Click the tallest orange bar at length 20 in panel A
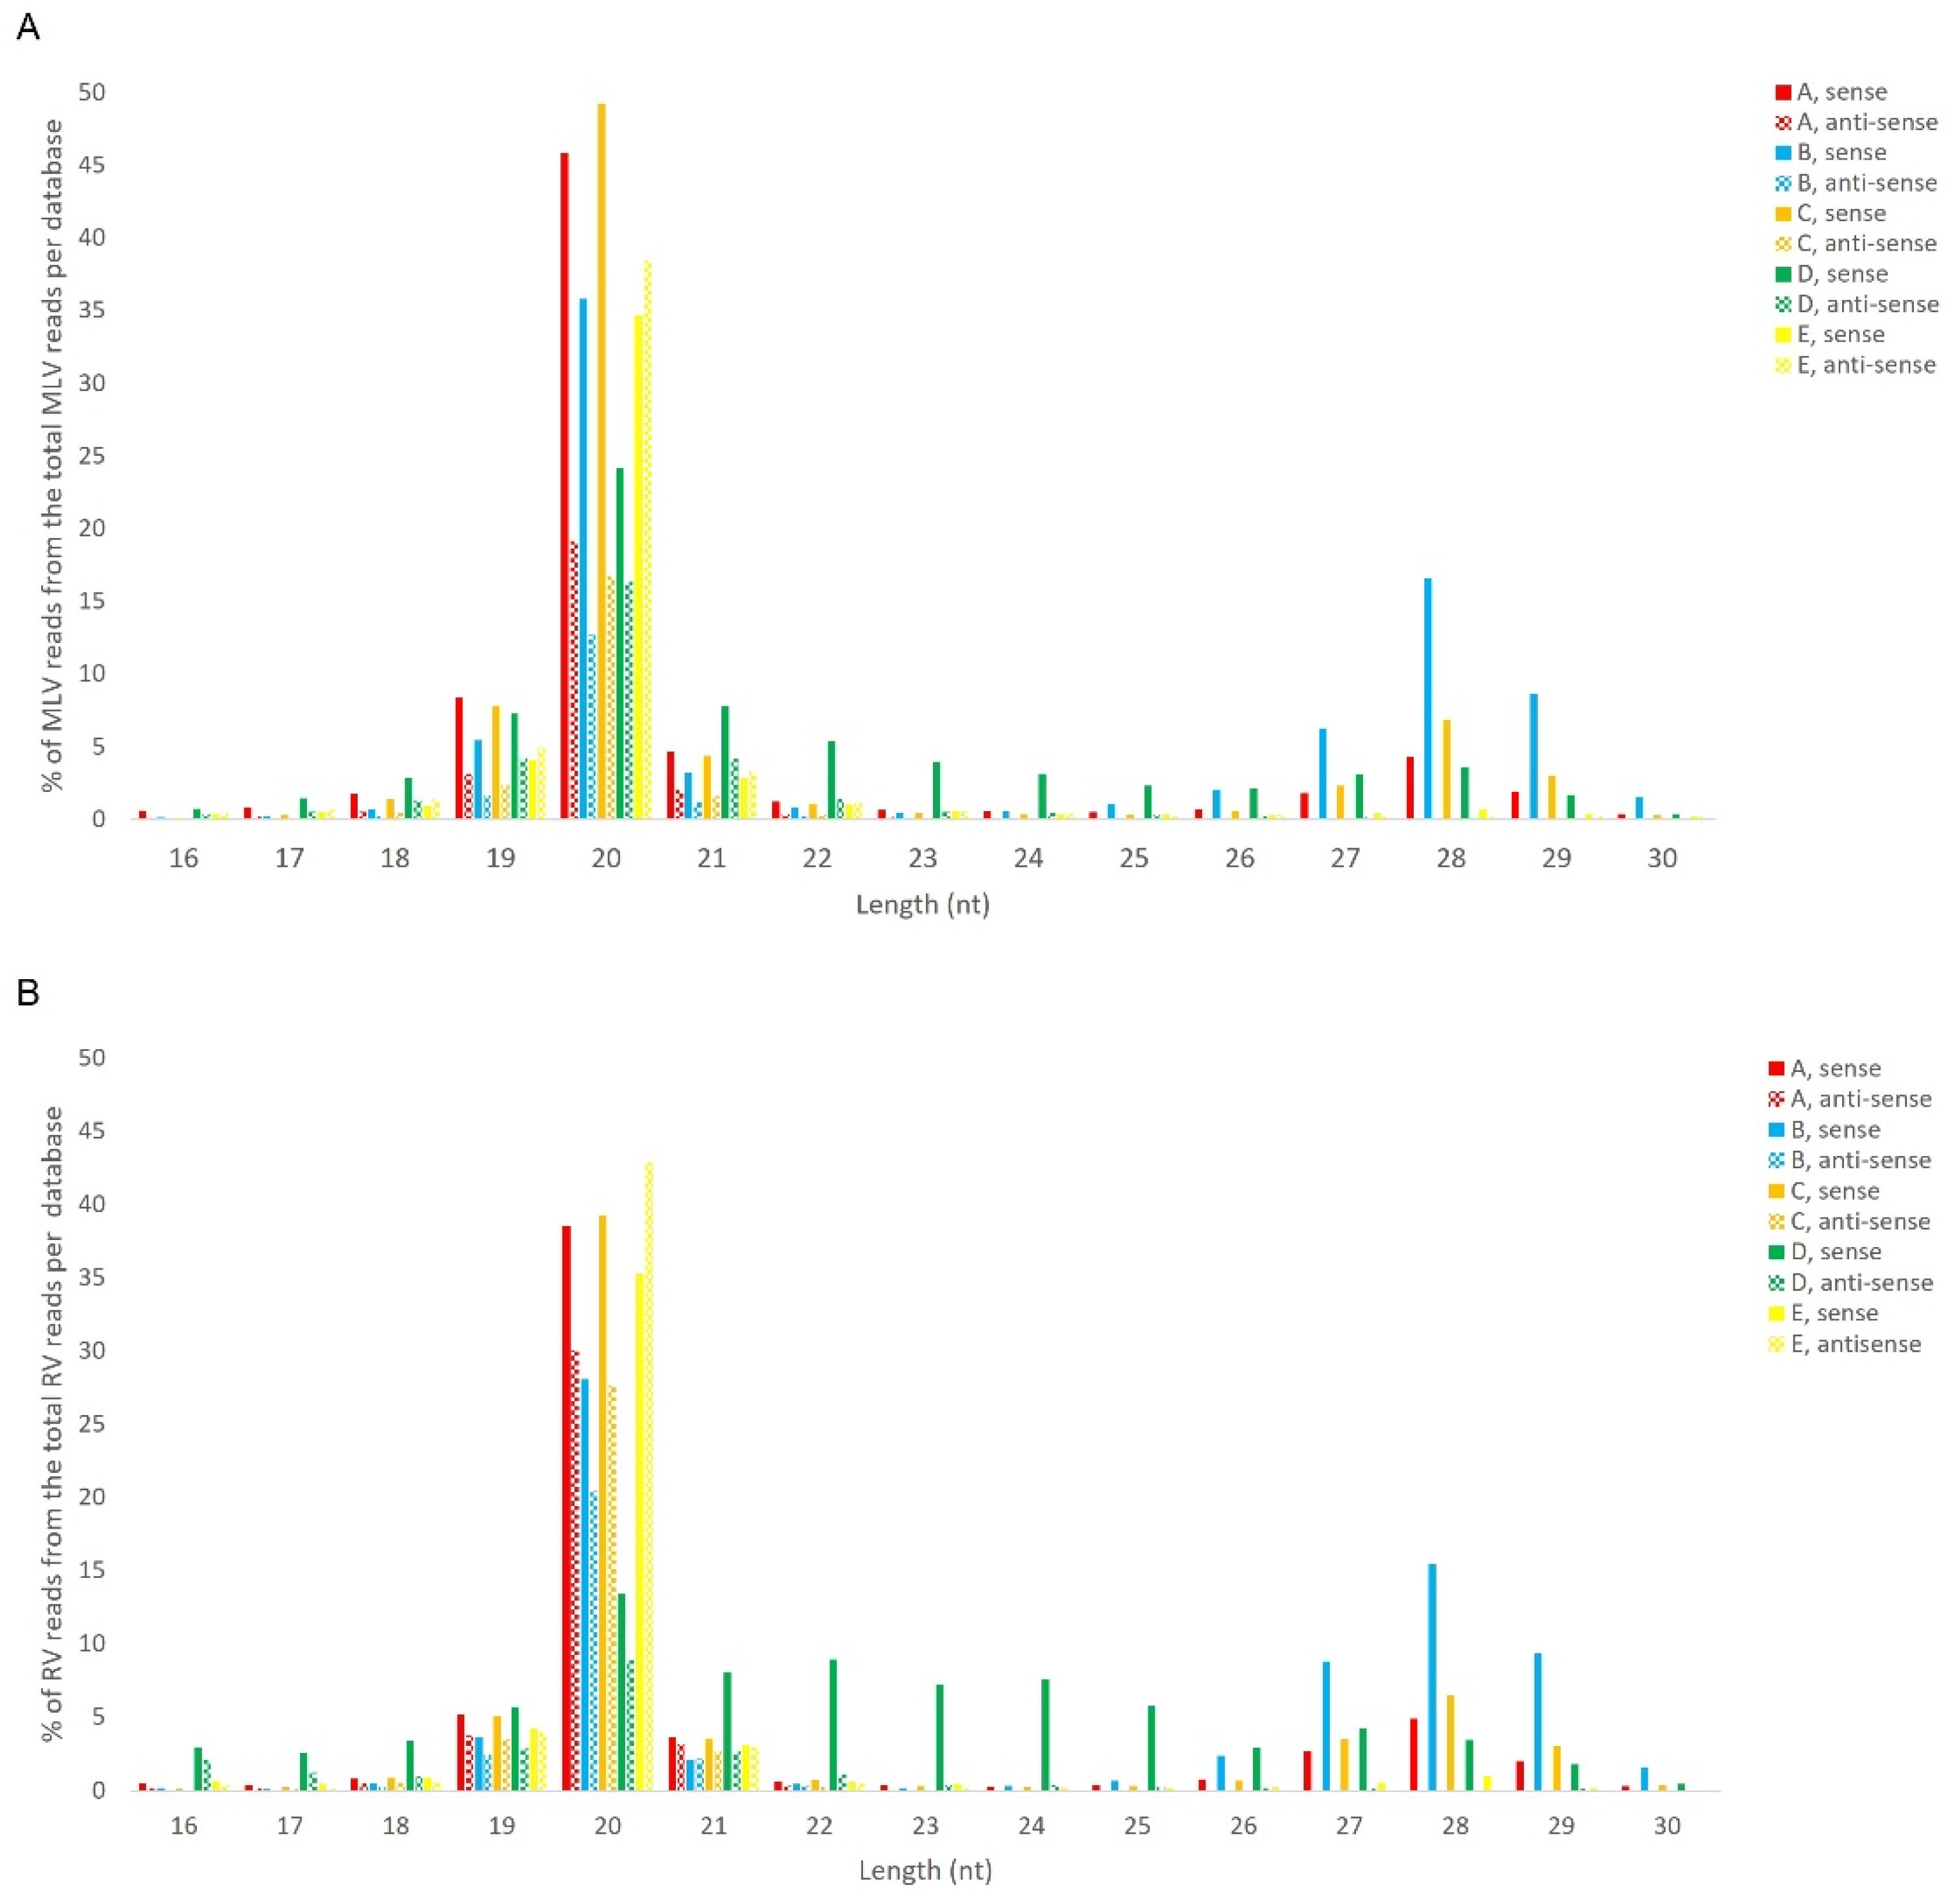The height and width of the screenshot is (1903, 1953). coord(601,460)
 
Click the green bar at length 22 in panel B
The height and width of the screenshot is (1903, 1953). coord(833,1729)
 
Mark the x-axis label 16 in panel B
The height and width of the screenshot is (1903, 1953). coord(184,1825)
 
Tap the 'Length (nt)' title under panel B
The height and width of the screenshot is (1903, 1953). coord(925,1870)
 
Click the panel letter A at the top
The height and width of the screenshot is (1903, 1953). coord(29,27)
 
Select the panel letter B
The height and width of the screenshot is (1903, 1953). coord(28,993)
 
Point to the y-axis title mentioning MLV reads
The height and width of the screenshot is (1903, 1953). coord(53,455)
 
